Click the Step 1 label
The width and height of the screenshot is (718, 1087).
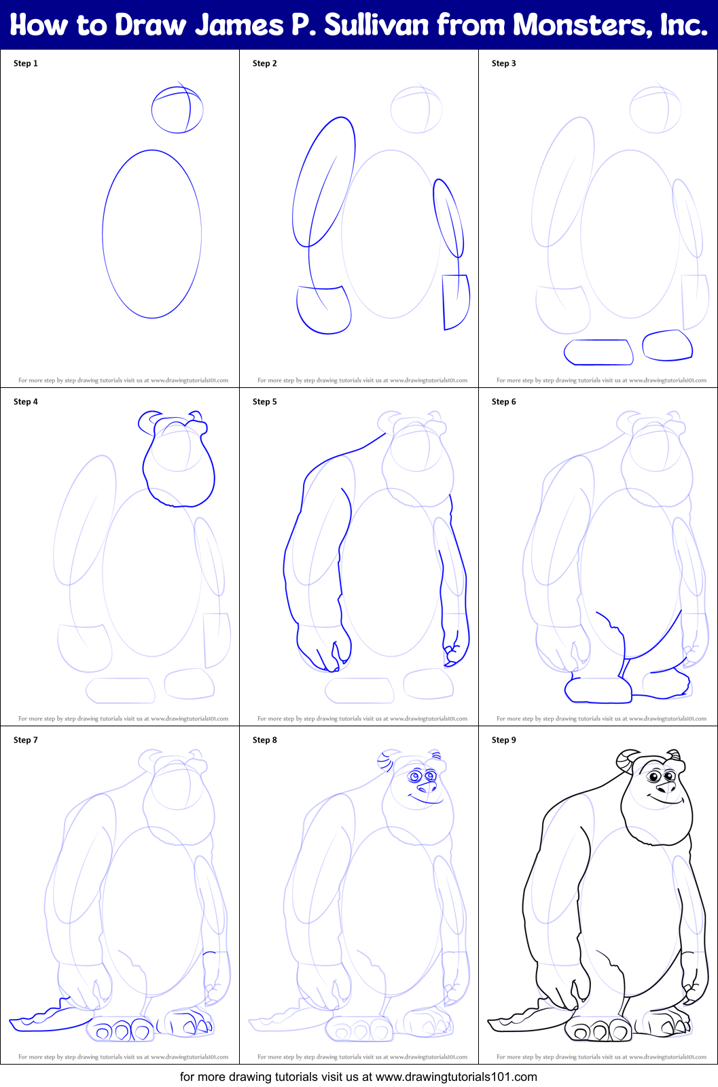[x=25, y=63]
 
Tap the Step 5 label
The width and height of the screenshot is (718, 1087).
[x=264, y=402]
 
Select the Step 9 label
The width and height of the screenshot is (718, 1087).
[x=503, y=740]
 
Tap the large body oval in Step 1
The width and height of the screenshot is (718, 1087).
[x=103, y=234]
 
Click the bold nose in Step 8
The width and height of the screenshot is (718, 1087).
[x=427, y=787]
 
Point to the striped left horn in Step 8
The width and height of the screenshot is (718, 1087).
[x=386, y=762]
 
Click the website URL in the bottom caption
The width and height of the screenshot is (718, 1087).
[x=456, y=1077]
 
